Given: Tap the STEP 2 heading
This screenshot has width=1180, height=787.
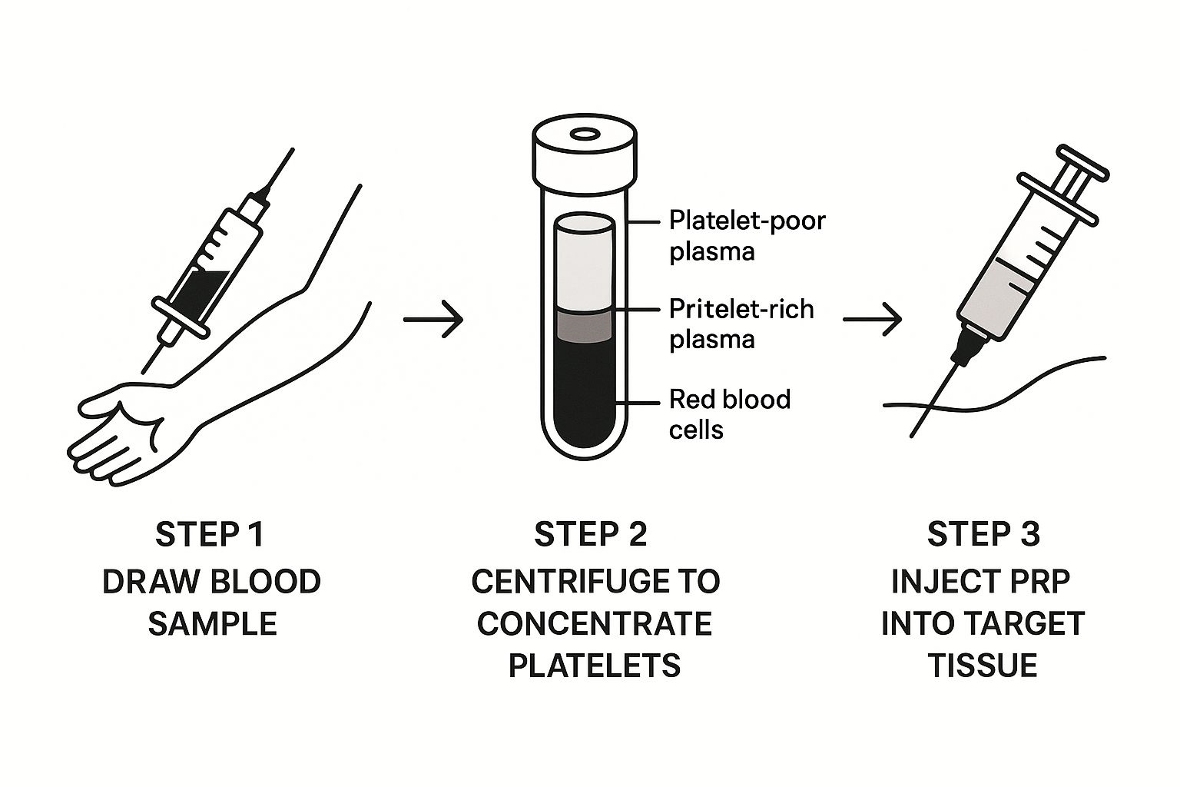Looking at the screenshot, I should [x=591, y=535].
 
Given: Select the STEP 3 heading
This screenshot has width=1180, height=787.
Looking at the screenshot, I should [x=983, y=535].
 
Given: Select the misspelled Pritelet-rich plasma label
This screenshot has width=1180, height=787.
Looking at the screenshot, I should [x=741, y=324].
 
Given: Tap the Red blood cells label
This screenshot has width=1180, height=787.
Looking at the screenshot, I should [x=729, y=413].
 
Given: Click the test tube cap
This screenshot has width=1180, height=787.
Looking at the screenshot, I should [x=585, y=151].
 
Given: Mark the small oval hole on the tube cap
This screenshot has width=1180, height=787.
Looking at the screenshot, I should [x=585, y=134].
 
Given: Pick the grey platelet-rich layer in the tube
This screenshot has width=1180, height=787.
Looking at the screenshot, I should [x=584, y=326].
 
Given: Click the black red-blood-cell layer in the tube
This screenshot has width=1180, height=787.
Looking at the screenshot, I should [x=584, y=392].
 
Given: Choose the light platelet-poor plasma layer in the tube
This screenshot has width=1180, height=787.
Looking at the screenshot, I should [x=584, y=265].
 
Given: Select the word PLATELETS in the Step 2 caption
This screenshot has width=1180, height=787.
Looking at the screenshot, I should [x=595, y=665].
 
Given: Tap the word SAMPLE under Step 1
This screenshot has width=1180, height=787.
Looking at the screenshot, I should [x=212, y=623].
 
